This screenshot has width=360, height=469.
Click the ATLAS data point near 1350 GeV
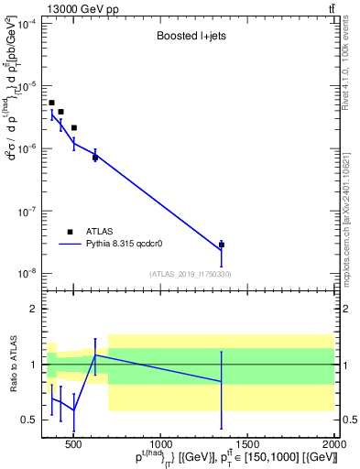pos(222,245)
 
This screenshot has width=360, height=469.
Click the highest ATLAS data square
pos(51,103)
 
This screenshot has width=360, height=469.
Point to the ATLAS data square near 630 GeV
pos(95,158)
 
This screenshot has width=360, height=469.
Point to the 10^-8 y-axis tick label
pos(27,273)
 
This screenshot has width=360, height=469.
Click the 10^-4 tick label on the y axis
pos(27,24)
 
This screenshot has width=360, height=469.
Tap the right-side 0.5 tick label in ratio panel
pos(348,420)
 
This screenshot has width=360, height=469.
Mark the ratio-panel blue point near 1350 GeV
pos(222,381)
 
